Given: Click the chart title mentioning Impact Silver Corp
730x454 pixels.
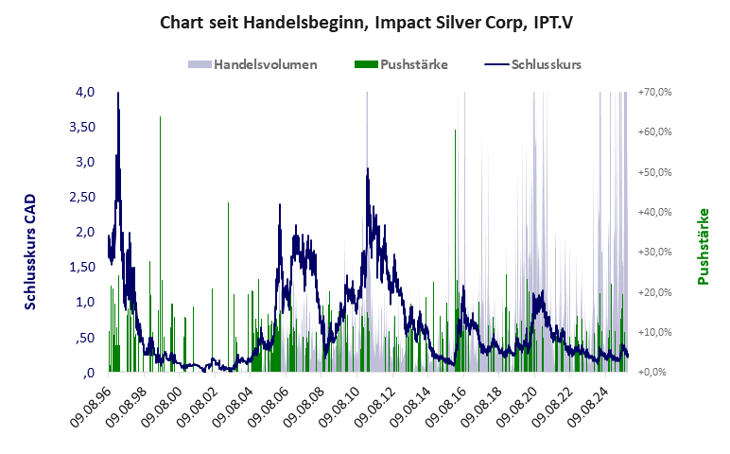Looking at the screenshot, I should (x=364, y=22).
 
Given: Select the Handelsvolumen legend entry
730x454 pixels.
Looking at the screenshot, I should (x=265, y=65).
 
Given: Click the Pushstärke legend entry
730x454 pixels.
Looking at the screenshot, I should (x=413, y=65).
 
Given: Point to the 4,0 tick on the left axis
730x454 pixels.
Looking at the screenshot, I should (x=84, y=92).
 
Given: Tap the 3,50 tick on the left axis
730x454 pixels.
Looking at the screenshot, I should (x=81, y=127).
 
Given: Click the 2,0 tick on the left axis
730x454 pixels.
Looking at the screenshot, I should (x=84, y=232).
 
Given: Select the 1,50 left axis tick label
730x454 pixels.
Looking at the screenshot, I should (x=81, y=267).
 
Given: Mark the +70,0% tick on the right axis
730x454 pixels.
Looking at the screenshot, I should (x=654, y=92).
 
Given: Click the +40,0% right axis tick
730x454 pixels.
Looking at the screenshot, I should (x=654, y=212).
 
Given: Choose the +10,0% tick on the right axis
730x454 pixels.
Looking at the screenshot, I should (x=654, y=332).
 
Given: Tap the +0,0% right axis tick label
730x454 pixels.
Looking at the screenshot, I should (x=656, y=372).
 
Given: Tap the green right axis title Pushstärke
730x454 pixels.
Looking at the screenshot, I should (x=703, y=246).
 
